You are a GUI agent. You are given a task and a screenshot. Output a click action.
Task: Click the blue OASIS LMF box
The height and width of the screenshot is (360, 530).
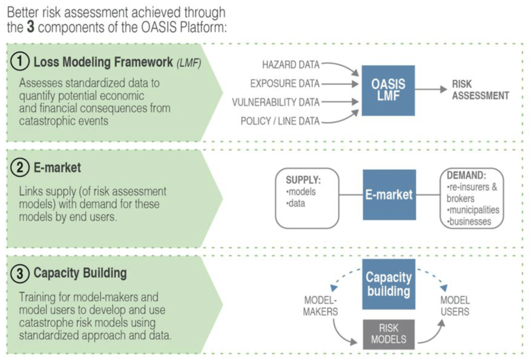pos(388,89)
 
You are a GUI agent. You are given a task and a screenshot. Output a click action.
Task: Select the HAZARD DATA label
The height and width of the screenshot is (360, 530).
pos(291,65)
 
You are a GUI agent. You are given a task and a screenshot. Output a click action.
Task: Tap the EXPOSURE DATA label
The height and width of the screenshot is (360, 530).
pos(285,83)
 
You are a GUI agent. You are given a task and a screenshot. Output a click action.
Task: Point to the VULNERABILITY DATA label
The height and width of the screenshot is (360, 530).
pos(276,102)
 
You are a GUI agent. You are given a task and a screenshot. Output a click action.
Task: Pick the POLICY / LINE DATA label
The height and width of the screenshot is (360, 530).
pos(280,121)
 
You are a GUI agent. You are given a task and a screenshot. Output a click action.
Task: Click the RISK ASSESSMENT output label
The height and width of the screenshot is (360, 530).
pos(480,89)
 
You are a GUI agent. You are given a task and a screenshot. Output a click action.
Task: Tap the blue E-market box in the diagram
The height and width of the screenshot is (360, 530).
pos(389,194)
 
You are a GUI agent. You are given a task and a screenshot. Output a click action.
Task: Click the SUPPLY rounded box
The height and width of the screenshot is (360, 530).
pos(307,198)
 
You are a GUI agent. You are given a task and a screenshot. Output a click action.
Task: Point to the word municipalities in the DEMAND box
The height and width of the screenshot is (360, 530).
pos(474,210)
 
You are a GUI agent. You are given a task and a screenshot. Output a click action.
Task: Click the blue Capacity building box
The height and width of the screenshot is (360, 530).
pos(389,283)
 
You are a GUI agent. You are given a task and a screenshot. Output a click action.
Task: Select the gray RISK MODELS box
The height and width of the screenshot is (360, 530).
pos(389,334)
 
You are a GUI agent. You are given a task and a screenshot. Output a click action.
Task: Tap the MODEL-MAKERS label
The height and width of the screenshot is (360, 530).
pos(321,306)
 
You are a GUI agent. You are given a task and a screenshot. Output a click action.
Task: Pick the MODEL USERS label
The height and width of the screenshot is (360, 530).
pos(455,306)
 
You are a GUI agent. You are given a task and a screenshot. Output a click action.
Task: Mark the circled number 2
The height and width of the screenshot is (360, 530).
pos(19,168)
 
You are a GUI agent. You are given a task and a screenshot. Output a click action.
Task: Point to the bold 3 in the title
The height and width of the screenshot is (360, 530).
pos(30,27)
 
